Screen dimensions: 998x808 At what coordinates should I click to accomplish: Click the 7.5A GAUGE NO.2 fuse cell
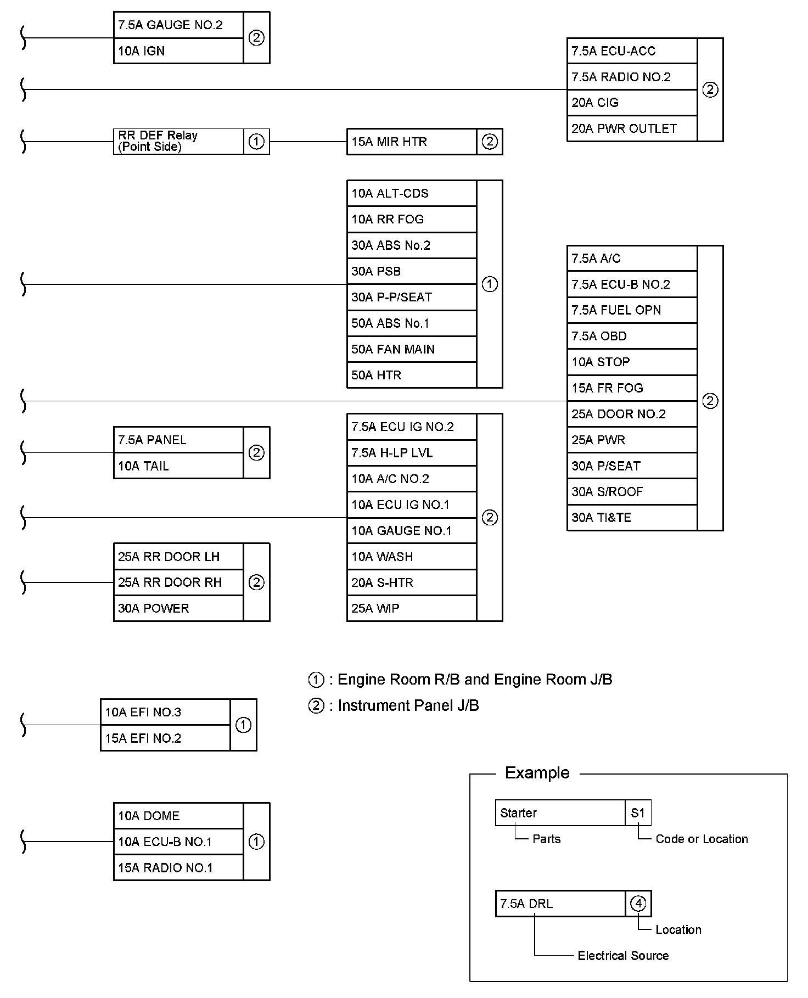178,25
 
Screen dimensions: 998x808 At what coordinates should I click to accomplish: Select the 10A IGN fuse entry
178,51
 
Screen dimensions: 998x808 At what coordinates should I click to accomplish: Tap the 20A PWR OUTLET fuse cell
631,128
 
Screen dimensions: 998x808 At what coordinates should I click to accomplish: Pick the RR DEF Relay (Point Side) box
178,141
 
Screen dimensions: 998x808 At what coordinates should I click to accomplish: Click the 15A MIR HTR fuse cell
411,142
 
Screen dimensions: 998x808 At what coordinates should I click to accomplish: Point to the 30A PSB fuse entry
411,271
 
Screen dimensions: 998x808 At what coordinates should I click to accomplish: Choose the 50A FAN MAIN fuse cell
411,349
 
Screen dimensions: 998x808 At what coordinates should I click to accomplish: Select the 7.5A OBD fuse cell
631,336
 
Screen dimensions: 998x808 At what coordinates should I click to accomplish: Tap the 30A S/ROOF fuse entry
631,492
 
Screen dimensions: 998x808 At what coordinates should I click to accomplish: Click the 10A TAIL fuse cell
178,466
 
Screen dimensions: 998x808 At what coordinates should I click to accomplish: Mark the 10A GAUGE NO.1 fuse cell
411,531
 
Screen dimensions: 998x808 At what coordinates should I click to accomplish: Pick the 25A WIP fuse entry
411,608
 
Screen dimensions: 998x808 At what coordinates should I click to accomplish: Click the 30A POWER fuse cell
178,608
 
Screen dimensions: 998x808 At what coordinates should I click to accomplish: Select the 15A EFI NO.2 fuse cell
165,738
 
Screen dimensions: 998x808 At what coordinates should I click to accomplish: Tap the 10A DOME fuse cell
178,816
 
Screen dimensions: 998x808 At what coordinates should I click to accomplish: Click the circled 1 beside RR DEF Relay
256,142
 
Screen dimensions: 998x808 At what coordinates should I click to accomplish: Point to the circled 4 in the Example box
638,904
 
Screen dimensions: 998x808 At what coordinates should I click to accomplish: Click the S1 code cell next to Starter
638,813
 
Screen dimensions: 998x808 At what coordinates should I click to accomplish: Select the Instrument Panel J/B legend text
408,706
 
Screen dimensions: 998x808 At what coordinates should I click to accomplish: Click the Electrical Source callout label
623,956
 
